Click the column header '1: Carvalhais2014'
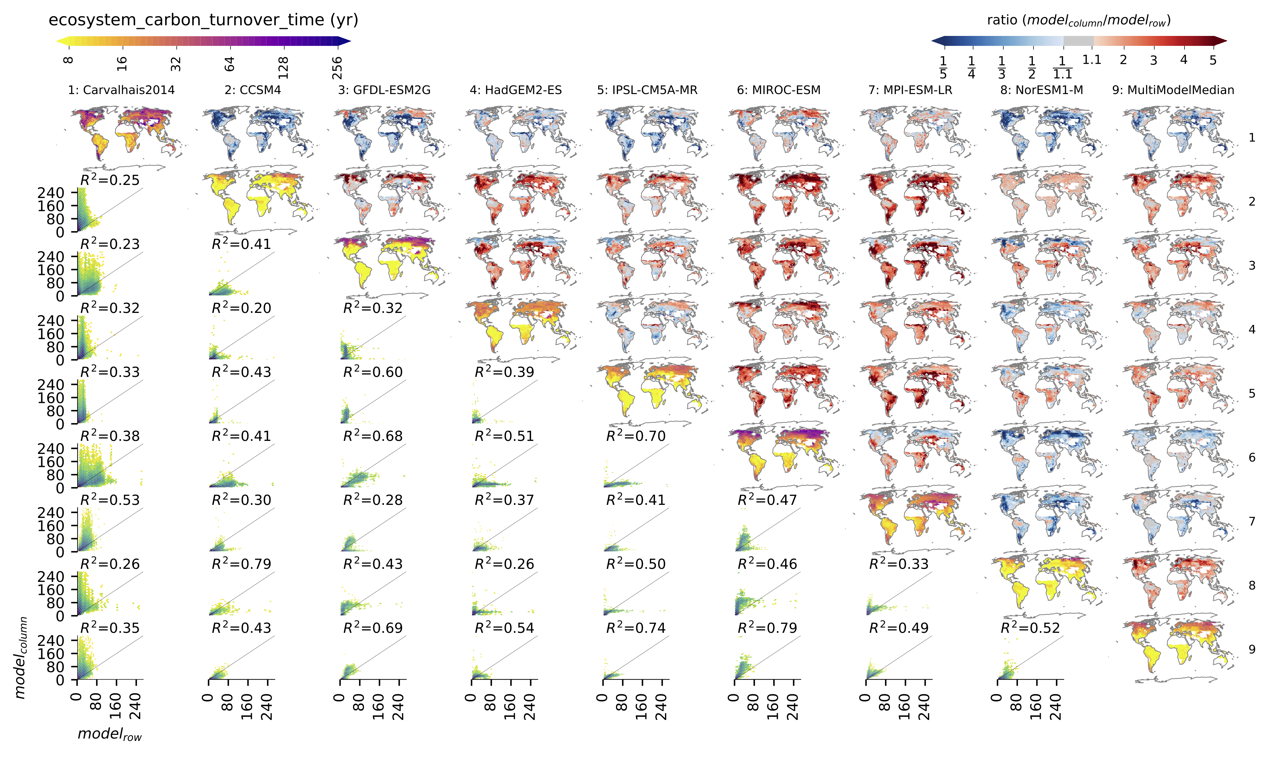click(x=121, y=90)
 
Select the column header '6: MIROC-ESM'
click(x=778, y=90)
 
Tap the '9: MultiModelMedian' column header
click(x=1173, y=90)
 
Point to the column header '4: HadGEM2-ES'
click(x=516, y=90)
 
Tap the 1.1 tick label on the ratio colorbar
click(x=1092, y=60)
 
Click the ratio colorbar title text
click(x=1079, y=20)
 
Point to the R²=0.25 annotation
click(x=110, y=180)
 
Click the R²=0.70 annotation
click(x=636, y=436)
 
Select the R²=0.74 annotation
click(x=636, y=628)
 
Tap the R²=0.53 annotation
click(x=110, y=500)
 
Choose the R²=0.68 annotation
click(x=373, y=436)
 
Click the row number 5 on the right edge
click(x=1252, y=393)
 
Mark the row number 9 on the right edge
click(x=1252, y=649)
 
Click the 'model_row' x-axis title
click(x=110, y=734)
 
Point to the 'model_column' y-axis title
click(x=20, y=658)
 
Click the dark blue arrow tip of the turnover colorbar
click(x=347, y=41)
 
